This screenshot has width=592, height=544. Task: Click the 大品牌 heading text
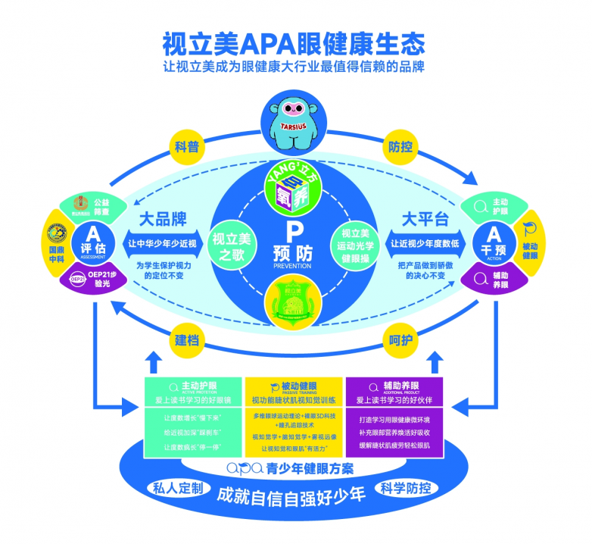pos(162,220)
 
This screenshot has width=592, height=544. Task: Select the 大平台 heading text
pos(425,220)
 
